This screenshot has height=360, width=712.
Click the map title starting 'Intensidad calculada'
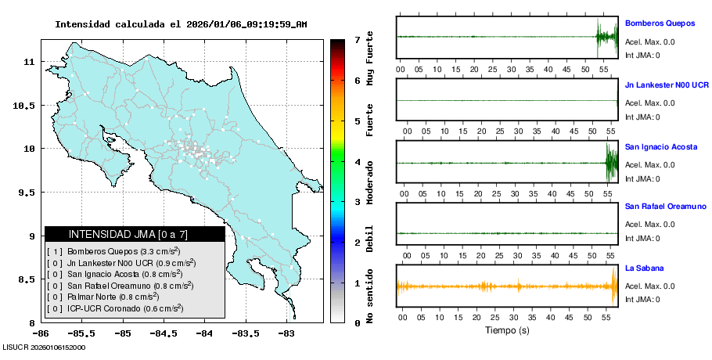[x=181, y=24]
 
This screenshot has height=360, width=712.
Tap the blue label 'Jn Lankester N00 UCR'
[x=667, y=84]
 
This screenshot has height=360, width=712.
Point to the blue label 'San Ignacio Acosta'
[x=661, y=146]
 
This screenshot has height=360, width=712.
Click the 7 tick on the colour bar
[x=356, y=39]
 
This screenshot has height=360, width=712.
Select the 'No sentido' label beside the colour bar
[x=369, y=298]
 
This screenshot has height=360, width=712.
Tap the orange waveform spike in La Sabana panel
[x=613, y=286]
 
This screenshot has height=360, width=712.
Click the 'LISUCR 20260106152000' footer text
[x=44, y=347]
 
